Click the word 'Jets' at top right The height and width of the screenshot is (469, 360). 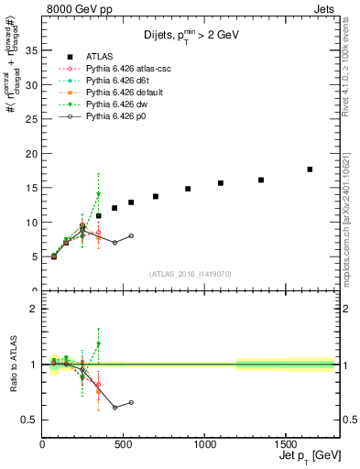click(325, 7)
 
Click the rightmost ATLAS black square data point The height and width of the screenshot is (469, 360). click(310, 169)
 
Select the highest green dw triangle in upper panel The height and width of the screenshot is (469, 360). click(98, 194)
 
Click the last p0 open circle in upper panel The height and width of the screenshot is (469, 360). click(131, 235)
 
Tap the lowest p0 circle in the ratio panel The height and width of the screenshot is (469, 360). click(115, 408)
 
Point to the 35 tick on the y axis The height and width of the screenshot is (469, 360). click(36, 50)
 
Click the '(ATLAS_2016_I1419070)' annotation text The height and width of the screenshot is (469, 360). click(189, 273)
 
